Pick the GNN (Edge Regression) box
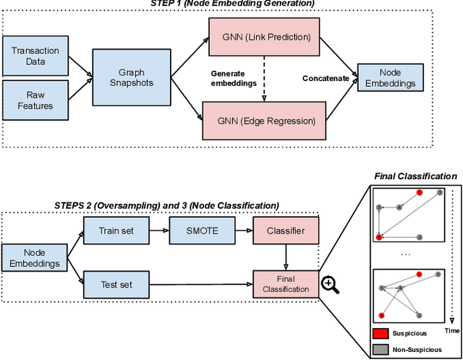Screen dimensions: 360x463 point(264,119)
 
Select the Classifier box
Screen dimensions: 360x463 point(284,231)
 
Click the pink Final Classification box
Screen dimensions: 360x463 point(284,284)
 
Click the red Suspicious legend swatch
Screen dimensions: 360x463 point(381,333)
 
